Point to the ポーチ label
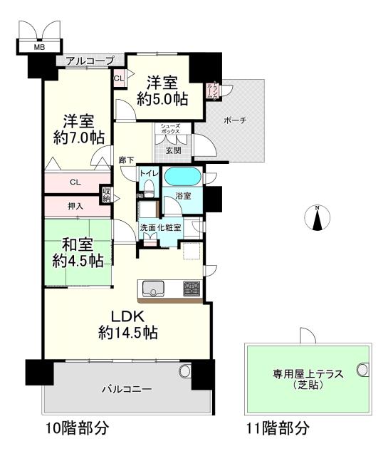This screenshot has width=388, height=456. pos(234,122)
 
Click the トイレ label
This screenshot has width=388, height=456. pos(149,174)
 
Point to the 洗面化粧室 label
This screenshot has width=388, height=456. pos(160,227)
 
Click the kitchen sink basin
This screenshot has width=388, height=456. pos(155,289)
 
